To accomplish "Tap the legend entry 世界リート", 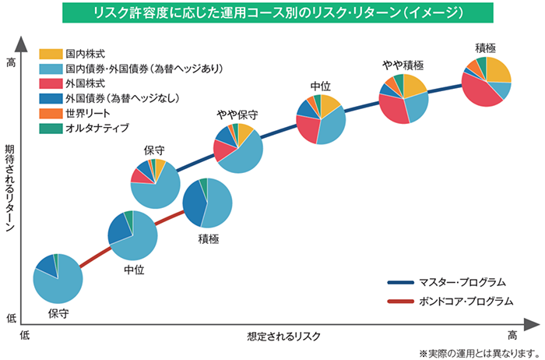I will click(x=86, y=112).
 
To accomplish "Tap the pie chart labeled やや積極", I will click(x=404, y=99).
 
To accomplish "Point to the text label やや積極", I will click(x=403, y=65).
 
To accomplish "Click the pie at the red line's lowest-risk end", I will click(x=58, y=279).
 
